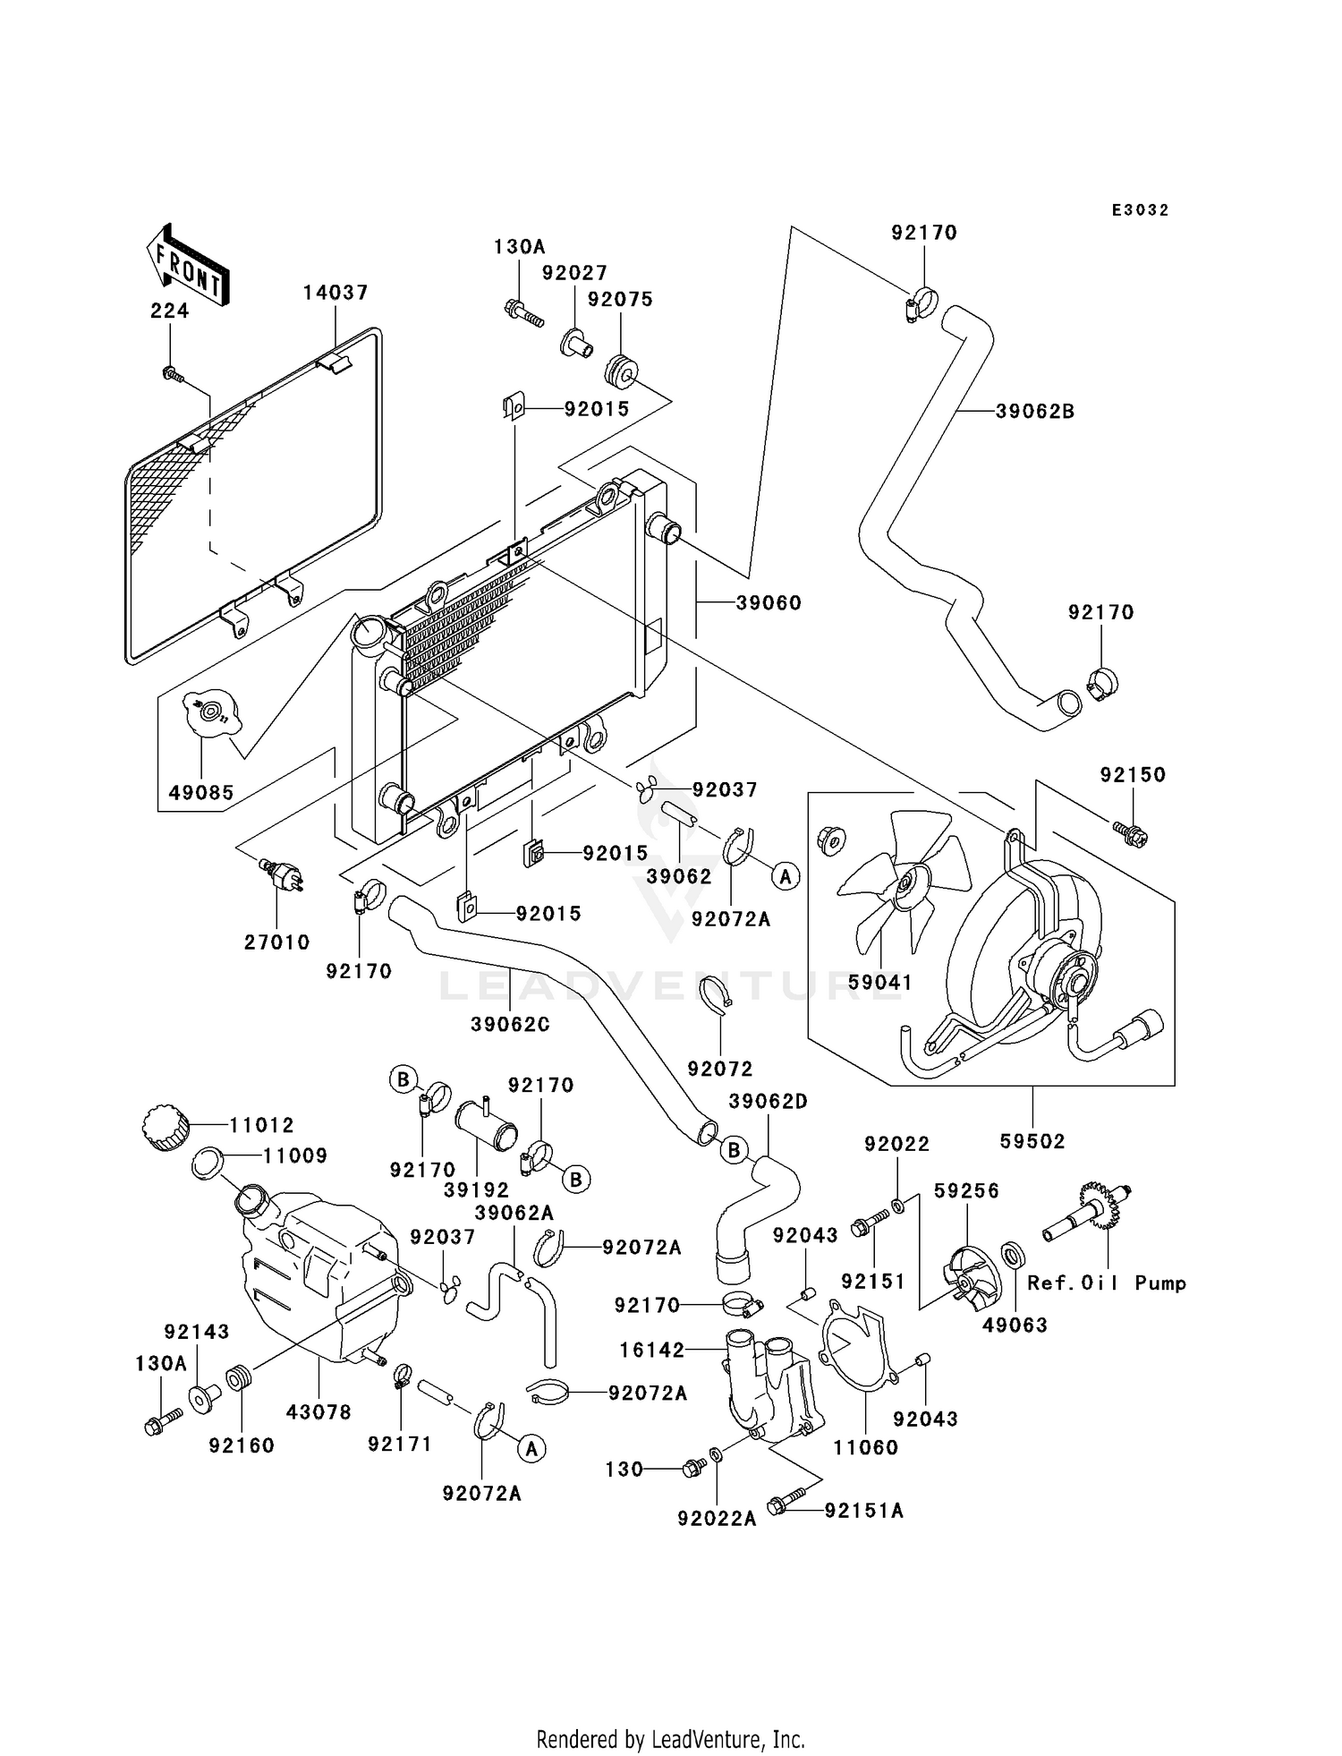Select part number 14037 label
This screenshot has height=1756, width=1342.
pyautogui.click(x=335, y=293)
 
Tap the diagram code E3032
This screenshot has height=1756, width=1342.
pyautogui.click(x=1141, y=210)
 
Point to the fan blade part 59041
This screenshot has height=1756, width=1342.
pyautogui.click(x=904, y=882)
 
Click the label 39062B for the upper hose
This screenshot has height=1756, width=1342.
pyautogui.click(x=1035, y=412)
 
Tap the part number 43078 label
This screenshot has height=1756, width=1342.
pyautogui.click(x=319, y=1412)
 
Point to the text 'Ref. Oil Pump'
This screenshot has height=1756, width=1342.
pyautogui.click(x=1107, y=1283)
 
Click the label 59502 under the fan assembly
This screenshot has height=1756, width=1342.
pyautogui.click(x=1032, y=1141)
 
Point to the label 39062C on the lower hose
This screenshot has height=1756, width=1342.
pyautogui.click(x=510, y=1024)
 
